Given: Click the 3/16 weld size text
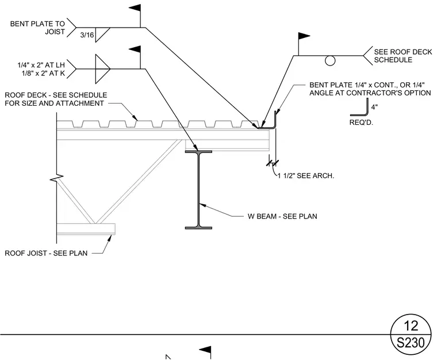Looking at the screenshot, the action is (x=87, y=35).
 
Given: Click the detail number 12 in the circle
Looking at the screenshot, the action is (x=411, y=325).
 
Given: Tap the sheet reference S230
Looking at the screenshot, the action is (x=411, y=343).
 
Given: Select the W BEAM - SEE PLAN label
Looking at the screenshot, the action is (x=282, y=216).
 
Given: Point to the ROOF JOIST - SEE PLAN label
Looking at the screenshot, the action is (x=46, y=253).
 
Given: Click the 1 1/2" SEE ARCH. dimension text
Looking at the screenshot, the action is (x=306, y=175).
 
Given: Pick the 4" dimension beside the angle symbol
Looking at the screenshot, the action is (x=374, y=107).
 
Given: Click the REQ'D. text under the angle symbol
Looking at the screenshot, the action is (x=361, y=122).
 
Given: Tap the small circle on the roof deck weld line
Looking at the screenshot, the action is (x=330, y=60).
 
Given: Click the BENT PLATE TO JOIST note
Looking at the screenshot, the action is (x=37, y=28).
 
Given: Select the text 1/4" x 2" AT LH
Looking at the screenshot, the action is (x=41, y=65).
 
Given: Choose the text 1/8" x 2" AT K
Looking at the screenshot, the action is (x=43, y=73).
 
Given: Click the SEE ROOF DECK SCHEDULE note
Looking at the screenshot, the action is (x=402, y=56).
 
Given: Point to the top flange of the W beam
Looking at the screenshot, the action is (x=198, y=152).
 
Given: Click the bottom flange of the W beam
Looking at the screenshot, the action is (x=198, y=228).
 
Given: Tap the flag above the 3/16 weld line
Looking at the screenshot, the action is (x=135, y=8).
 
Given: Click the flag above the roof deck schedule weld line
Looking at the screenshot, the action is (x=304, y=36).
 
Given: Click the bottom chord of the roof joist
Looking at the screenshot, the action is (x=86, y=229).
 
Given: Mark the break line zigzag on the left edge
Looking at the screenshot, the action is (x=57, y=178).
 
